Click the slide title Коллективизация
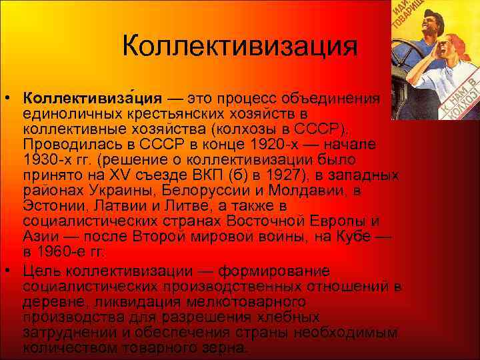240,47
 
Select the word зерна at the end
226,349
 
